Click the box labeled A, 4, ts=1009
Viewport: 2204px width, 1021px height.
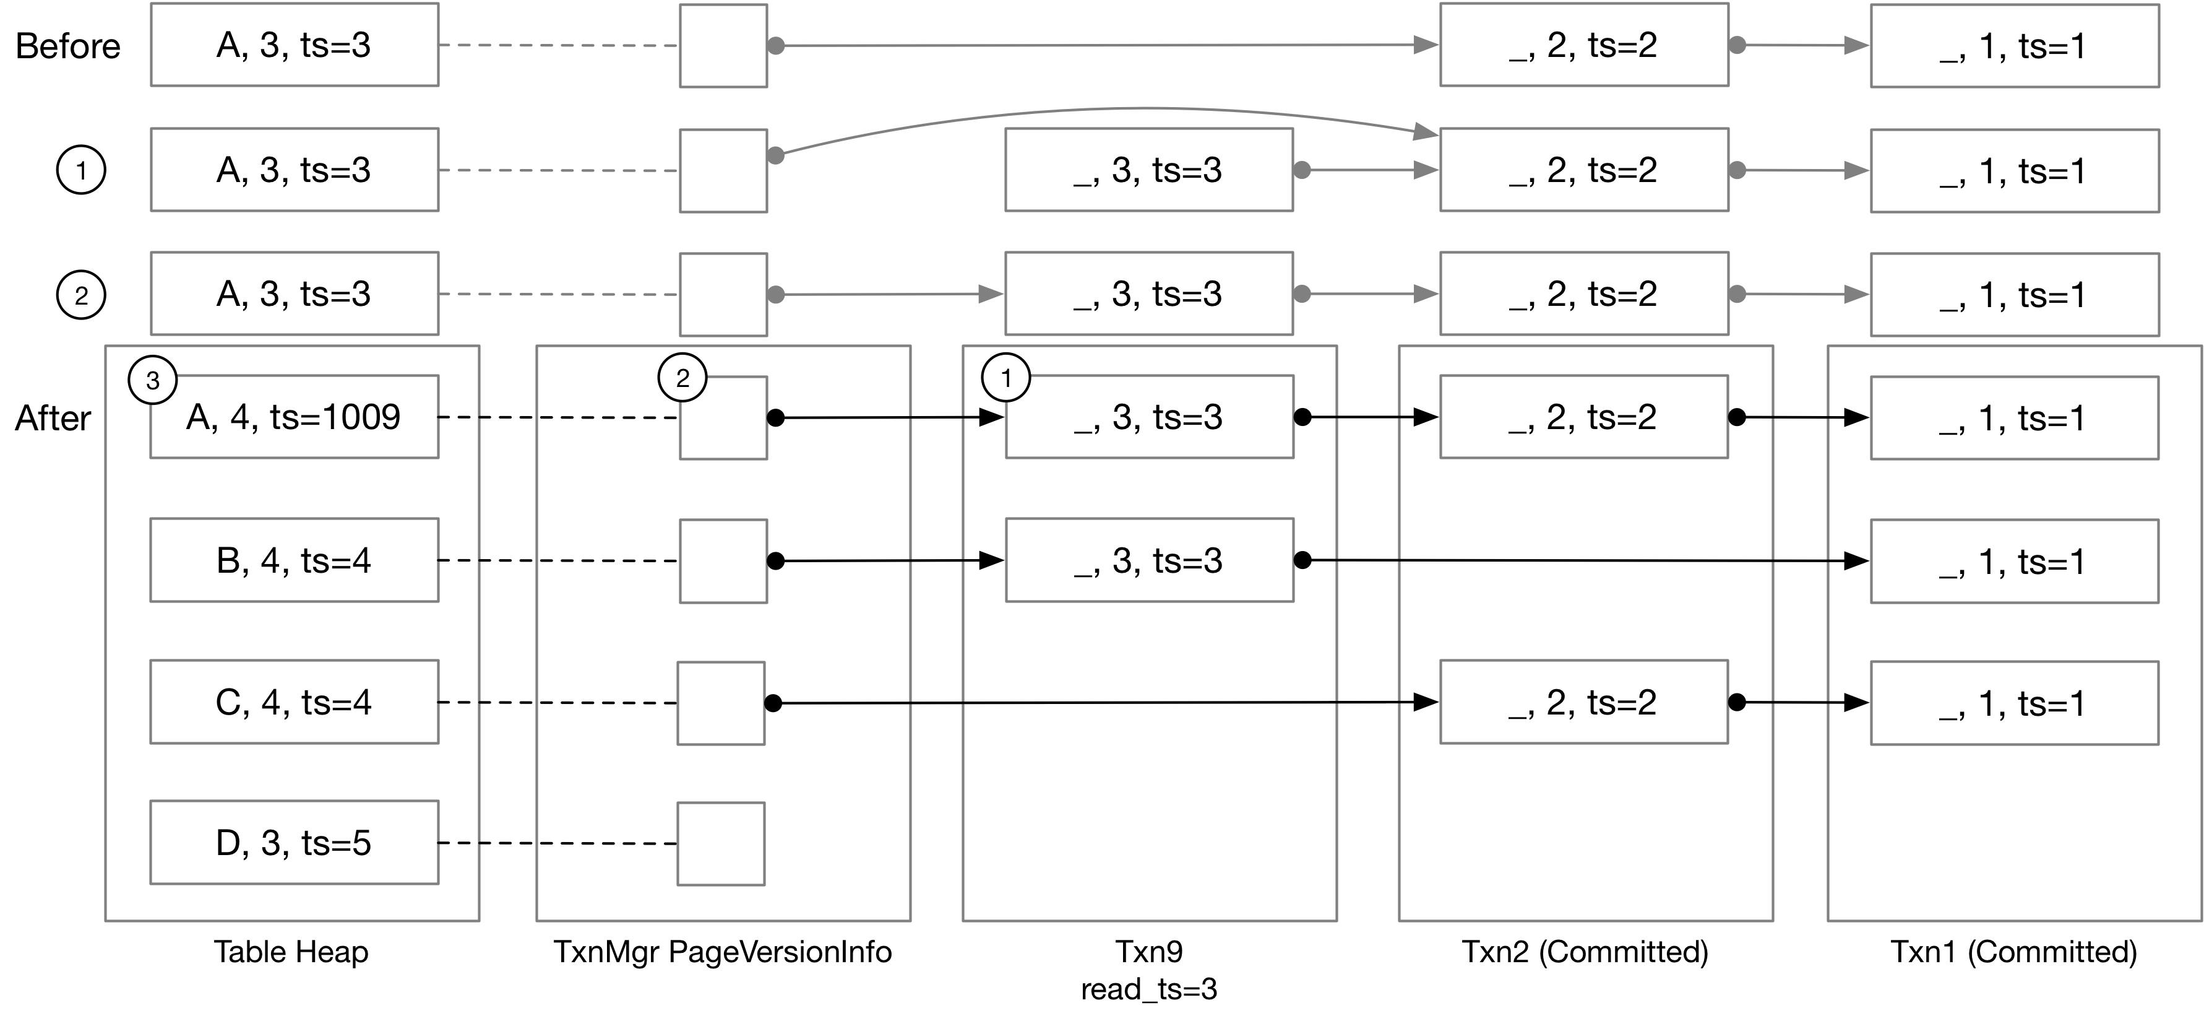[293, 417]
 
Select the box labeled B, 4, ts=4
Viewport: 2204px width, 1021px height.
[293, 560]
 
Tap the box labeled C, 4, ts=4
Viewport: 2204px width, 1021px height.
[293, 702]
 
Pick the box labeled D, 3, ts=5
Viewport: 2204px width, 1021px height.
[293, 843]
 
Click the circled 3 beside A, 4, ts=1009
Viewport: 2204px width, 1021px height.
[152, 380]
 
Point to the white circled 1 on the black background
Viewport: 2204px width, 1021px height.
[81, 170]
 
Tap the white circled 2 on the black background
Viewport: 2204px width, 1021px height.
[81, 295]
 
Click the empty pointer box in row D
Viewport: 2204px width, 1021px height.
[720, 844]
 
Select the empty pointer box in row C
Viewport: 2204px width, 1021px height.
[720, 703]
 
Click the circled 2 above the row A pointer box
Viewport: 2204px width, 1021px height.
[682, 378]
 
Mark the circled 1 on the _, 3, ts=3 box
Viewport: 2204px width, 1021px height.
[1006, 378]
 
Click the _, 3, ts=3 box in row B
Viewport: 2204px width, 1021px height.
[1149, 560]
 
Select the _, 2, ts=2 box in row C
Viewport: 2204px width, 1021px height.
[1583, 702]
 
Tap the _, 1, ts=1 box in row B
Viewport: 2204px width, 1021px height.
[2014, 562]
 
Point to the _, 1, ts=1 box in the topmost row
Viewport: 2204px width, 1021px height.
[2014, 45]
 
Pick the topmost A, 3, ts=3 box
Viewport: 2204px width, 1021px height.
[293, 45]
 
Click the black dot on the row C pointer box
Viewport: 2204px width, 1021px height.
[773, 703]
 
